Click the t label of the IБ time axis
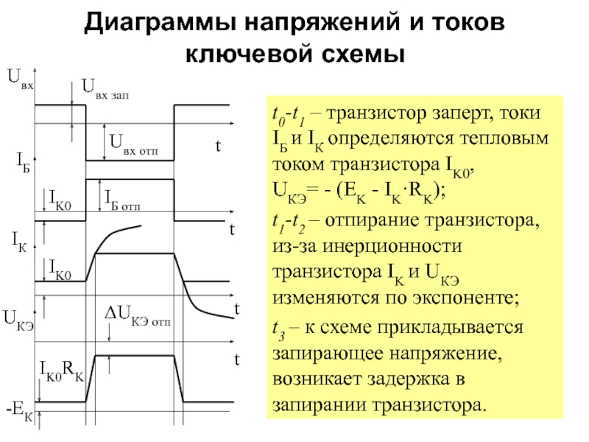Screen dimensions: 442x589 (x=230, y=228)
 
